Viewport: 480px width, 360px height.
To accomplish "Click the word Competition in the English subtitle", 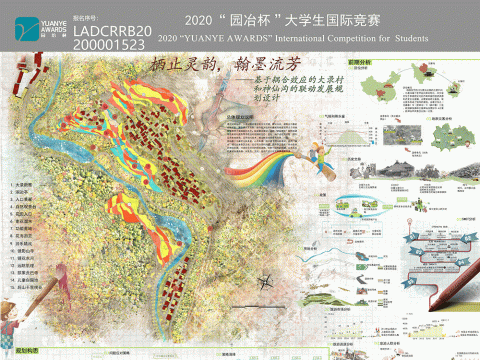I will pyautogui.click(x=348, y=38).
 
